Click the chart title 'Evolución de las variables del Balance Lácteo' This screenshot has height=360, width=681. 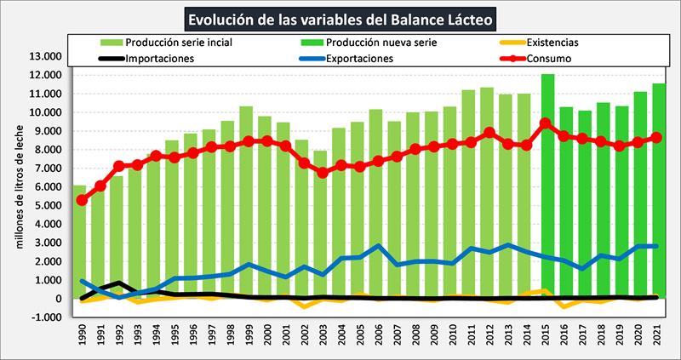pyautogui.click(x=340, y=18)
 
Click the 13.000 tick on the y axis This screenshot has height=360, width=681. pyautogui.click(x=43, y=56)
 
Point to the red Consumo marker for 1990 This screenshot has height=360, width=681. pyautogui.click(x=82, y=200)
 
